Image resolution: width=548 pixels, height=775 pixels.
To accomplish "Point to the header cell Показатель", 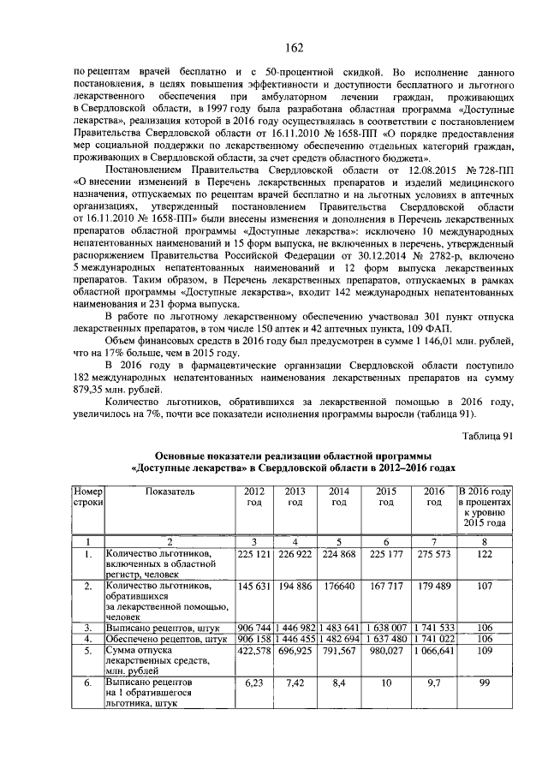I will tap(170, 492).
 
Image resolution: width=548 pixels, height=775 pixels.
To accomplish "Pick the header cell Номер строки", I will tap(88, 497).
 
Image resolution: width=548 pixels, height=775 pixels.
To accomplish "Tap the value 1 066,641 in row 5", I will tap(433, 651).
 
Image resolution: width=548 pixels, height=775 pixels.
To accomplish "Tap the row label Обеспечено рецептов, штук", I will tap(160, 639).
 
